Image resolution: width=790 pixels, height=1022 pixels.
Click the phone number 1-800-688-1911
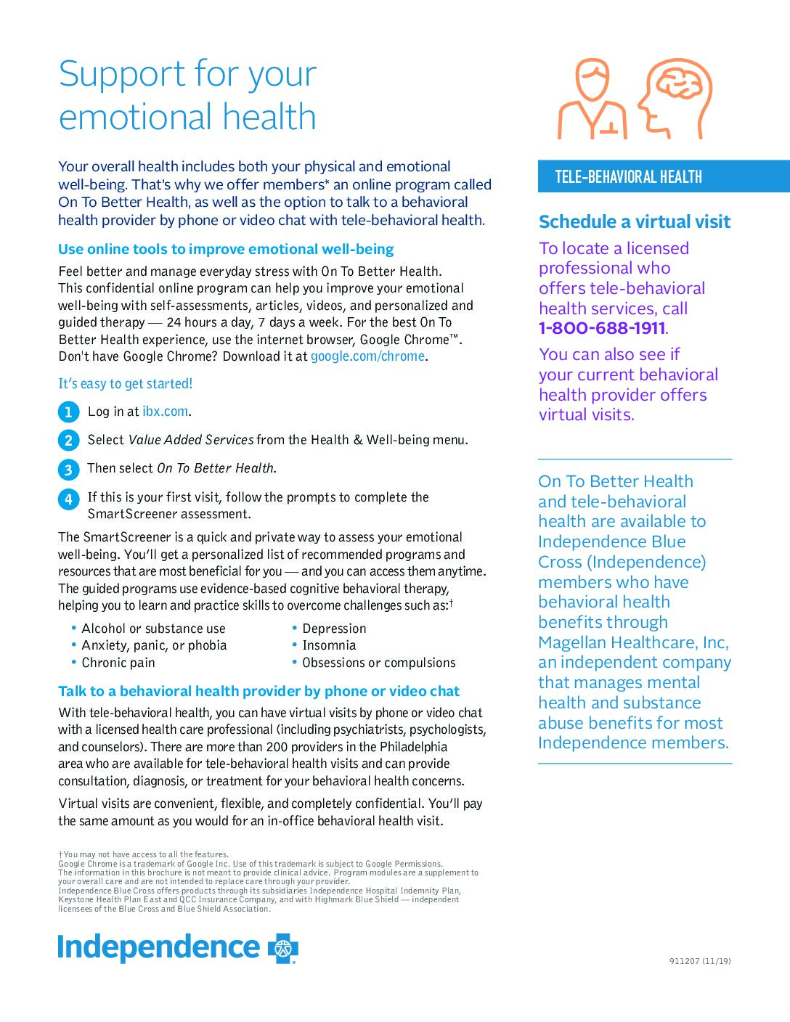[x=602, y=328]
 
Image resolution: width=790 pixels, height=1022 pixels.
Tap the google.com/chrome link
[x=367, y=356]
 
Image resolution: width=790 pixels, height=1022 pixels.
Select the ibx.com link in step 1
[x=165, y=412]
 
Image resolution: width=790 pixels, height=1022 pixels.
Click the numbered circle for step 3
[x=68, y=470]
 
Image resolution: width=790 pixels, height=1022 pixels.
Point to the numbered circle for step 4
[x=68, y=499]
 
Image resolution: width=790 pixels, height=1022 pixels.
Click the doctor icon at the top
[x=592, y=99]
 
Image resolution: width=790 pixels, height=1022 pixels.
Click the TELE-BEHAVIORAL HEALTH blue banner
[x=663, y=176]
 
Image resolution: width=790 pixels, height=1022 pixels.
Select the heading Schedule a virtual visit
[x=634, y=222]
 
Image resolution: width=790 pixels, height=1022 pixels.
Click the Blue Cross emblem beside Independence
[x=283, y=948]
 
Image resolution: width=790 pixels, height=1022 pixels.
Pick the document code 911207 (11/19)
[x=700, y=961]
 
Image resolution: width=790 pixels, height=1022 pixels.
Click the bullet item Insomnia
[x=329, y=645]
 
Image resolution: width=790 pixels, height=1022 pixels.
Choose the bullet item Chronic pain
[x=118, y=663]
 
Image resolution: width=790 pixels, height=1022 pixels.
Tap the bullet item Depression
[x=334, y=629]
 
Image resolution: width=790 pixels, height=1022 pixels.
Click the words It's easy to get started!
[x=126, y=384]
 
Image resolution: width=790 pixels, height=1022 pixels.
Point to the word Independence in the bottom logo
[x=158, y=947]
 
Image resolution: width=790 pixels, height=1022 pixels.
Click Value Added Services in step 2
[x=191, y=440]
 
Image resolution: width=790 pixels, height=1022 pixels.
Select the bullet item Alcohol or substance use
[x=153, y=629]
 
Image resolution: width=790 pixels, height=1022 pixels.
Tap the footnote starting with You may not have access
[x=145, y=854]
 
